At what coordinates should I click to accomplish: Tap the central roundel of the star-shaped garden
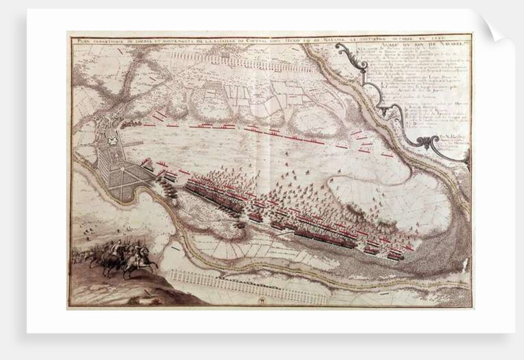(x=130, y=178)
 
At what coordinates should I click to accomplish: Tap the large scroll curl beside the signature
(x=425, y=144)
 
